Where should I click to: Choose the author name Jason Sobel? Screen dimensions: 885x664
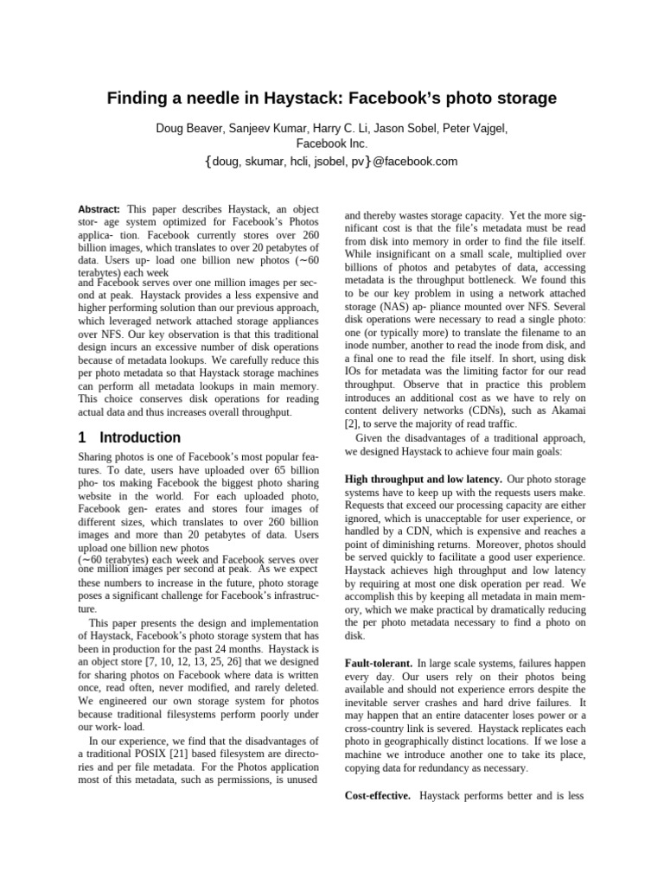click(x=412, y=129)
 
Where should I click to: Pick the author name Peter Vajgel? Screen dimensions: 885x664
click(x=476, y=129)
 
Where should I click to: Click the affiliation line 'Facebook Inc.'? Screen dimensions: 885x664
click(x=332, y=144)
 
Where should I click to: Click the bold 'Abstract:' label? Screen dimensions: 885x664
click(x=99, y=210)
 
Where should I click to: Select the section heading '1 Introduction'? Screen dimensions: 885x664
click(x=130, y=437)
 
